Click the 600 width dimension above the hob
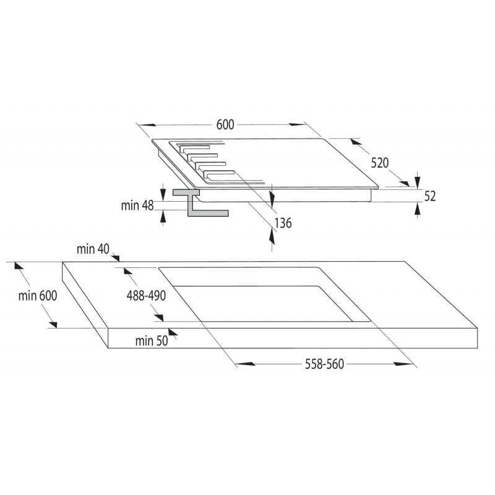(x=225, y=125)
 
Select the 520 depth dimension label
(x=379, y=163)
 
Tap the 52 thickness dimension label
(x=429, y=196)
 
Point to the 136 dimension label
(x=283, y=223)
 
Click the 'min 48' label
(x=137, y=205)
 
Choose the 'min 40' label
(x=93, y=249)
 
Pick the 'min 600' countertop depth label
(x=38, y=296)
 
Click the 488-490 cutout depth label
(x=146, y=296)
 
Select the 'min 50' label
(x=152, y=341)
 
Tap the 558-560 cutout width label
(x=324, y=364)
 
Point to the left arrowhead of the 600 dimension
(x=147, y=125)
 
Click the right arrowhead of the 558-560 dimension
(x=404, y=364)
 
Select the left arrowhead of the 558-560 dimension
(x=245, y=364)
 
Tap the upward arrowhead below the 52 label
(x=418, y=209)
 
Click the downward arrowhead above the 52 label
(x=418, y=181)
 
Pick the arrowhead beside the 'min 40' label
(x=116, y=257)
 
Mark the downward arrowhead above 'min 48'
(x=163, y=194)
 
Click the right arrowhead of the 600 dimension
(x=298, y=124)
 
